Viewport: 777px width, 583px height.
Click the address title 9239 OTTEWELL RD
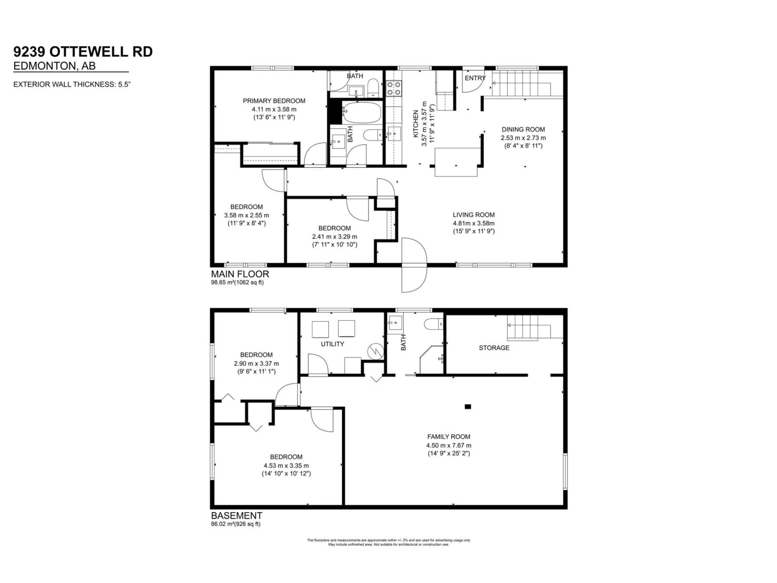[83, 52]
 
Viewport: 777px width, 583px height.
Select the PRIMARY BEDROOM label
[274, 101]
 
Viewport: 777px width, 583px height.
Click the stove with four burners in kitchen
[393, 88]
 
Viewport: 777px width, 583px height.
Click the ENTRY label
[475, 78]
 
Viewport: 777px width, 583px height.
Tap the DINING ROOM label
[523, 129]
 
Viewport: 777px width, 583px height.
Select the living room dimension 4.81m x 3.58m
[473, 223]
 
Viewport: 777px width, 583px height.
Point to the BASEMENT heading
[236, 516]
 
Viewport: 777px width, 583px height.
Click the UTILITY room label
[332, 344]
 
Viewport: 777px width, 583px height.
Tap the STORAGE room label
[494, 348]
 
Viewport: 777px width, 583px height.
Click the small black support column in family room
[468, 407]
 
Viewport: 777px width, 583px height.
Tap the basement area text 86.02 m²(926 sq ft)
[236, 524]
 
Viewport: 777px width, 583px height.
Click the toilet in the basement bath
[433, 324]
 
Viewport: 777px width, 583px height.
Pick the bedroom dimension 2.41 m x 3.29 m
[334, 236]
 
